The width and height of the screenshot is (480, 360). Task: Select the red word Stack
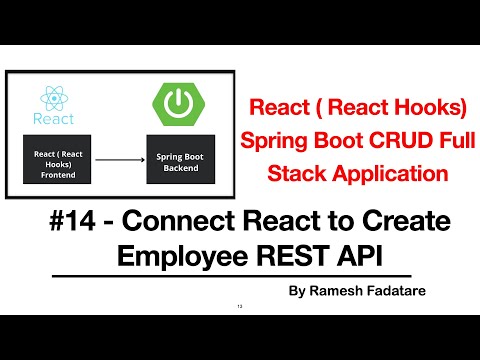pos(297,173)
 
